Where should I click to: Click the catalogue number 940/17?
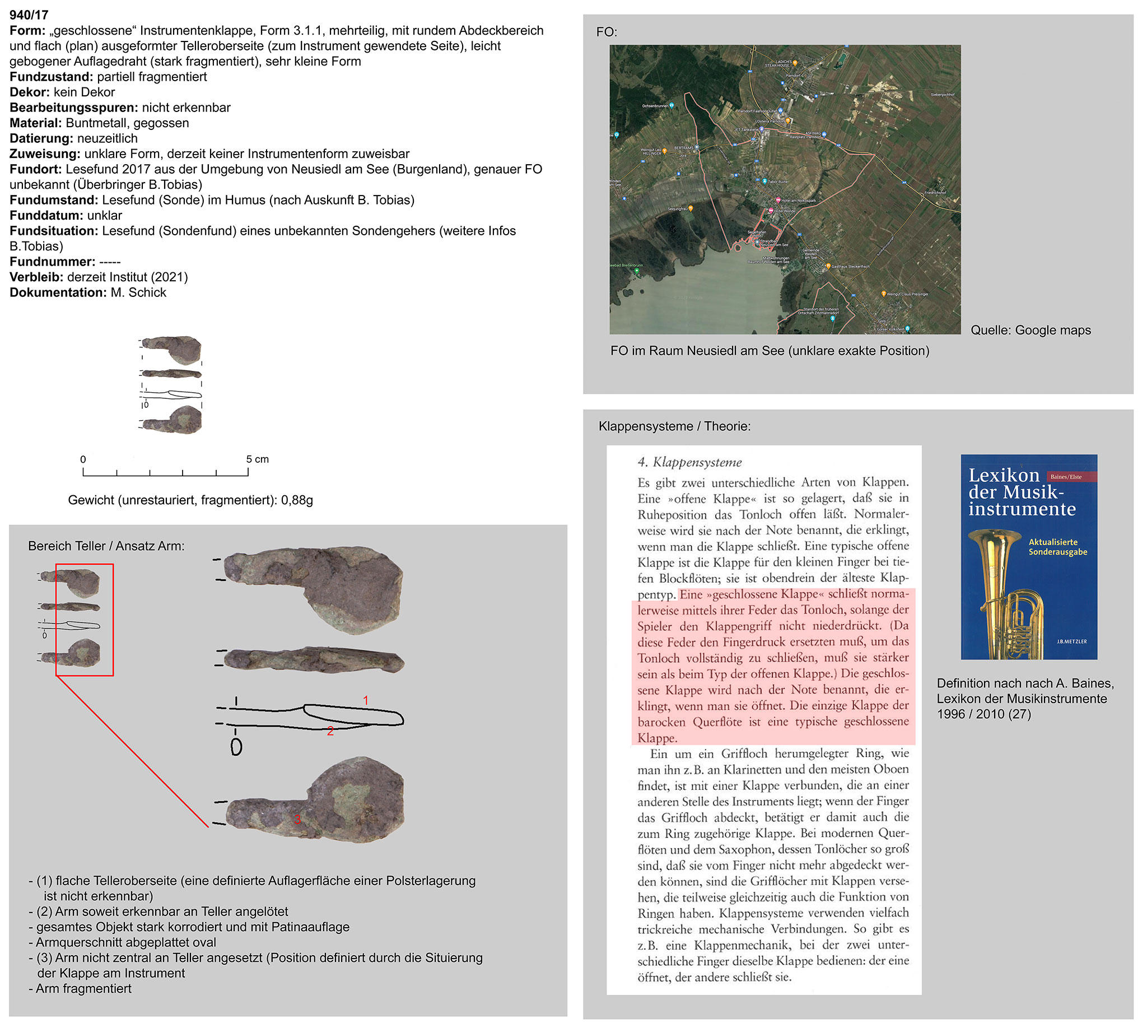click(x=29, y=15)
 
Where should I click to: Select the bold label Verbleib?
click(x=36, y=277)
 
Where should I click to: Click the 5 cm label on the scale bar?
click(x=258, y=459)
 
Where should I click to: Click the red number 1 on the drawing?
click(x=365, y=700)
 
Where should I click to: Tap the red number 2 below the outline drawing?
click(x=330, y=732)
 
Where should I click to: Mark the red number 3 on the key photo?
click(x=297, y=819)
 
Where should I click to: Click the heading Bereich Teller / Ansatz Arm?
click(x=106, y=546)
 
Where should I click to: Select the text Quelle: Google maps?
click(x=1030, y=331)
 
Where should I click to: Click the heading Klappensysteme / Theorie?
click(x=674, y=426)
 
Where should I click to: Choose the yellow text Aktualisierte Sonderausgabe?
click(x=1057, y=547)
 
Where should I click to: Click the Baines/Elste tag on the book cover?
click(x=1066, y=477)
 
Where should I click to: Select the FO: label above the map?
click(x=607, y=32)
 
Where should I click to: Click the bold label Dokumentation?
click(x=58, y=292)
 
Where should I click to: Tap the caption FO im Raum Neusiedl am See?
click(x=768, y=351)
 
